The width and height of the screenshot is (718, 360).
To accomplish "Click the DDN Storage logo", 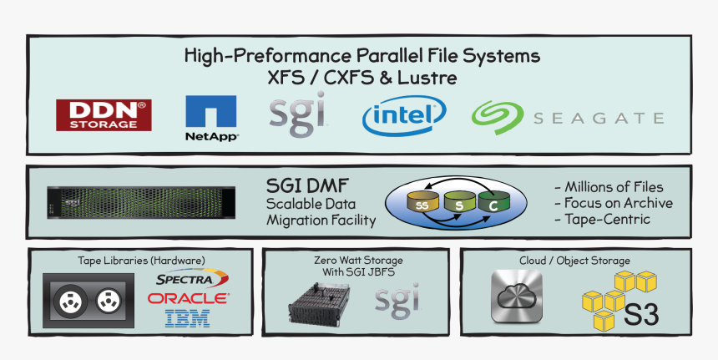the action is coord(104,115).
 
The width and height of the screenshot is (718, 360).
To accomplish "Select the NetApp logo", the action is coord(211,118).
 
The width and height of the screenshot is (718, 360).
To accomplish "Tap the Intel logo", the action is coord(404,115).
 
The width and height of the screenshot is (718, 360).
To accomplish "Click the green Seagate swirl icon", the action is coord(498,118).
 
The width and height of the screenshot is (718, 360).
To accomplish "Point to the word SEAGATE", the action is coord(599,118).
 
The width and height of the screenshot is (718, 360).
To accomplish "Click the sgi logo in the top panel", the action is coord(298,114).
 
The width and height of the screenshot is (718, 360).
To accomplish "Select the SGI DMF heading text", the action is coord(308,186).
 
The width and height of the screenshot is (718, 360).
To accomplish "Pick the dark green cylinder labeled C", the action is coord(493,202).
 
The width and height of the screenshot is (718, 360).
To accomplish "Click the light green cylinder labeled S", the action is coord(459,202).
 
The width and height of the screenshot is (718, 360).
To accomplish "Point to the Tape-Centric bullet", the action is coord(602,219).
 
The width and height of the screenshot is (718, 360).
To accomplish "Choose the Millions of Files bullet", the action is coord(609,187).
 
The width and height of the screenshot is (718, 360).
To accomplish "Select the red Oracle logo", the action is coord(188,299).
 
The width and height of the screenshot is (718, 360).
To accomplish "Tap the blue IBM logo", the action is coord(187,318).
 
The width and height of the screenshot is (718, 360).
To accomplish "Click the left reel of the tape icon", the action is coord(70,302).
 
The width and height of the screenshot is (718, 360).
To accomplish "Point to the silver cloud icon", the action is coord(517,296).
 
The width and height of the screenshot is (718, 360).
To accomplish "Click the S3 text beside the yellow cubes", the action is coord(641,315).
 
